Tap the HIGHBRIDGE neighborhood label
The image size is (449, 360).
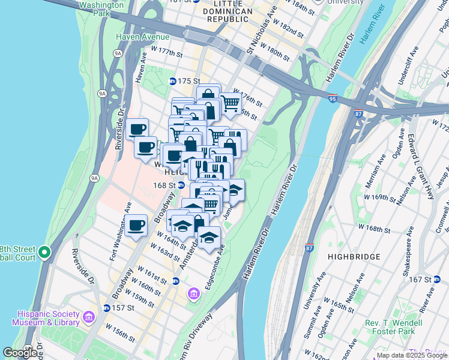coord(354,257)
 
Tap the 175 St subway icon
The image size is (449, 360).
coord(172,81)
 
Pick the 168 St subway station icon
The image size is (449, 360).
coord(181,185)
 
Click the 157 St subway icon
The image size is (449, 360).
coord(106,308)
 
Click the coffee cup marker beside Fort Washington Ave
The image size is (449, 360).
coord(136,226)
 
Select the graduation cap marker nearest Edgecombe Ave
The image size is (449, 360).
coord(209,237)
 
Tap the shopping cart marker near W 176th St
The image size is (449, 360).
coord(230,103)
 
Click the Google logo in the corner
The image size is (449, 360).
coord(20,353)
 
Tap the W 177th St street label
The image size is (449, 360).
coord(166,52)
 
